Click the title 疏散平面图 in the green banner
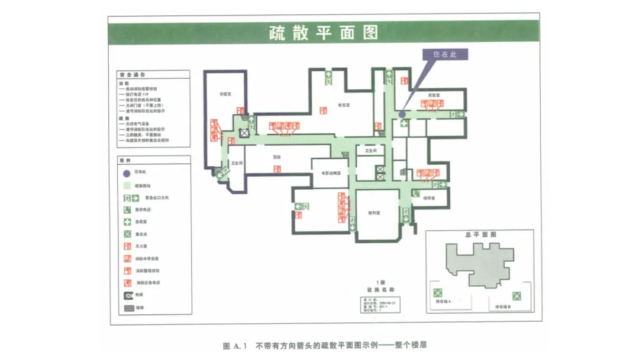tap(323, 32)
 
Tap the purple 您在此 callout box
tap(445, 54)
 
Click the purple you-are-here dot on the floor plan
tap(402, 114)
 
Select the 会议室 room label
tap(224, 94)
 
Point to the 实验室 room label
tap(434, 95)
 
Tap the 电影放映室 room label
tap(331, 173)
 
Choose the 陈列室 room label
tap(373, 212)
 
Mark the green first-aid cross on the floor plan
tap(404, 124)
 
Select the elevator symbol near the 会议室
tap(244, 133)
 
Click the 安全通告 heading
tap(133, 75)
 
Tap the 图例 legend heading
tap(125, 160)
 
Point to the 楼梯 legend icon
tap(128, 307)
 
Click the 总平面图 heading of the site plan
tap(480, 234)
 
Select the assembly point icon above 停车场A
tap(438, 292)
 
